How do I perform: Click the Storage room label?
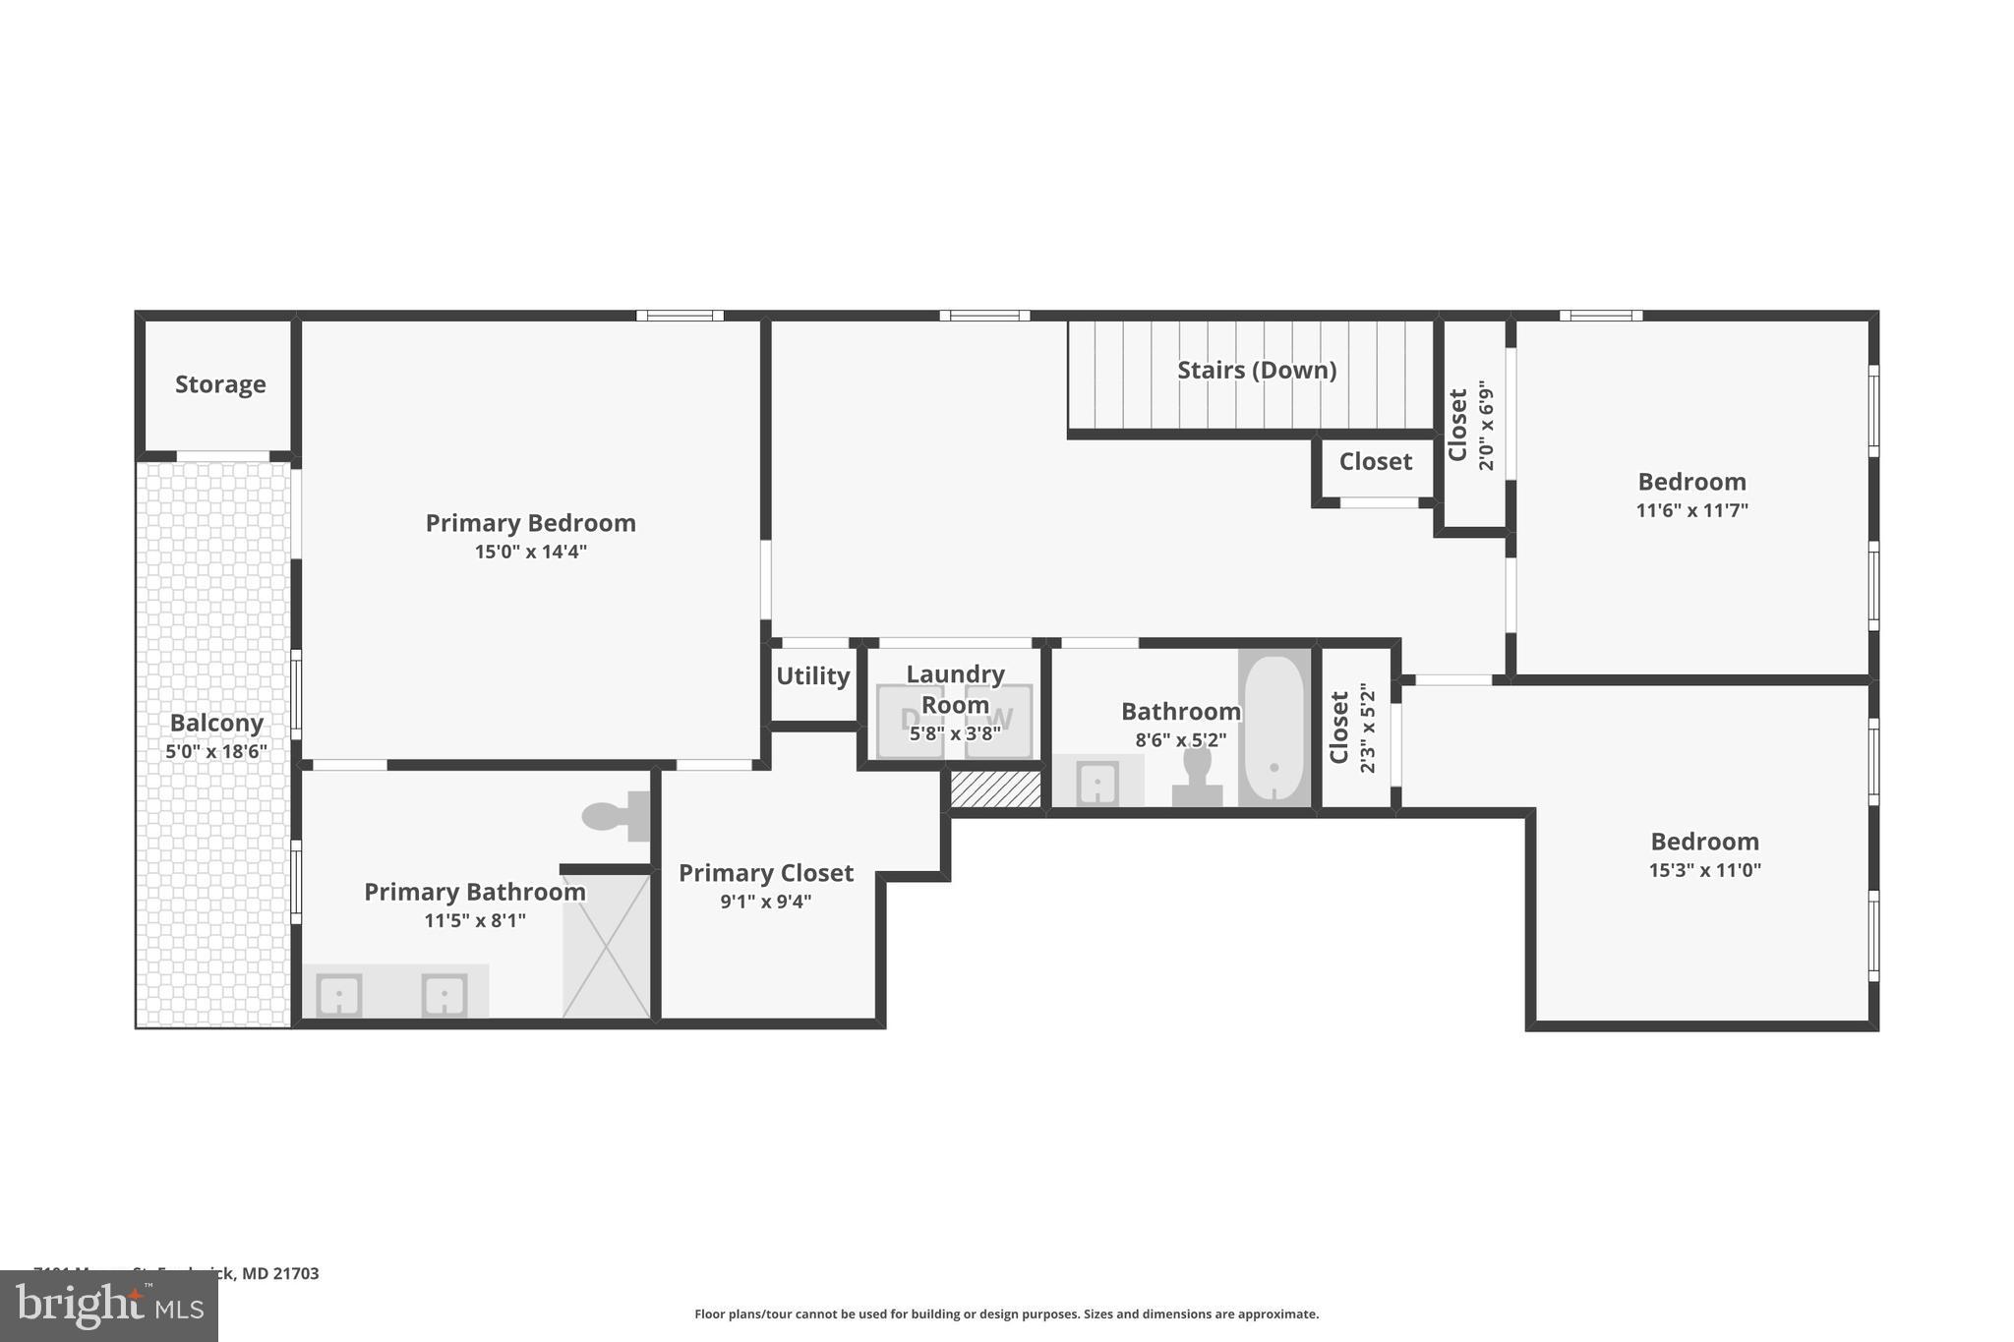[x=220, y=384]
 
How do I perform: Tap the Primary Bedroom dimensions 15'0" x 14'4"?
[x=530, y=552]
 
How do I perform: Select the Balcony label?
[x=216, y=724]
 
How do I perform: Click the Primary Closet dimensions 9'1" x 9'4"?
[x=765, y=902]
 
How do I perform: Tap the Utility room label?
[x=812, y=676]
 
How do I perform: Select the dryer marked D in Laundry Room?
[x=909, y=721]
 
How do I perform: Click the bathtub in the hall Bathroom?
[x=1274, y=728]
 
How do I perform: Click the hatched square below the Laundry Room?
[x=995, y=789]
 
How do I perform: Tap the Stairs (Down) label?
[x=1256, y=371]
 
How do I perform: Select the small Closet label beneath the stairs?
[x=1375, y=462]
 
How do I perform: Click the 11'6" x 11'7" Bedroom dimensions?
[x=1691, y=510]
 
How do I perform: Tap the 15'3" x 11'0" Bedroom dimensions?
[x=1704, y=870]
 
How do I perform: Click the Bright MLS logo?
[x=109, y=1306]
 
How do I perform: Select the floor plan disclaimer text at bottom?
[x=1006, y=1313]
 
